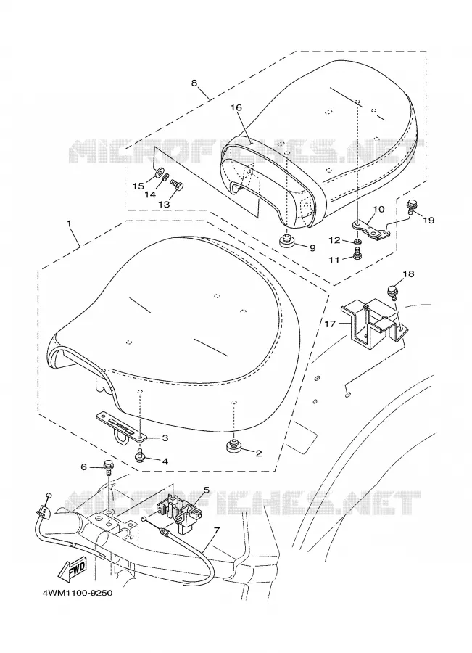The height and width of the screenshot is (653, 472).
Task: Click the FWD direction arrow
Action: click(73, 569)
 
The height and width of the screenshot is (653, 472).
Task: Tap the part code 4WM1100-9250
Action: click(77, 593)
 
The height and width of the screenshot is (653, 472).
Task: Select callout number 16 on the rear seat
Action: click(236, 107)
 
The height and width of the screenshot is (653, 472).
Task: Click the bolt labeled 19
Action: click(410, 206)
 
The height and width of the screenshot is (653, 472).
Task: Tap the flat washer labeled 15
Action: click(159, 173)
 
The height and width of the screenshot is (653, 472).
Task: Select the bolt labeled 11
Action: click(357, 253)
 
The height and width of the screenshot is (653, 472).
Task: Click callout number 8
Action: click(194, 83)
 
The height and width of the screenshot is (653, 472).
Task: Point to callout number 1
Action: click(69, 223)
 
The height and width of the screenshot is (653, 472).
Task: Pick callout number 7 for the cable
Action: click(217, 531)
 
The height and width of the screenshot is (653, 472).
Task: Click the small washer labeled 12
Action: click(357, 242)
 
